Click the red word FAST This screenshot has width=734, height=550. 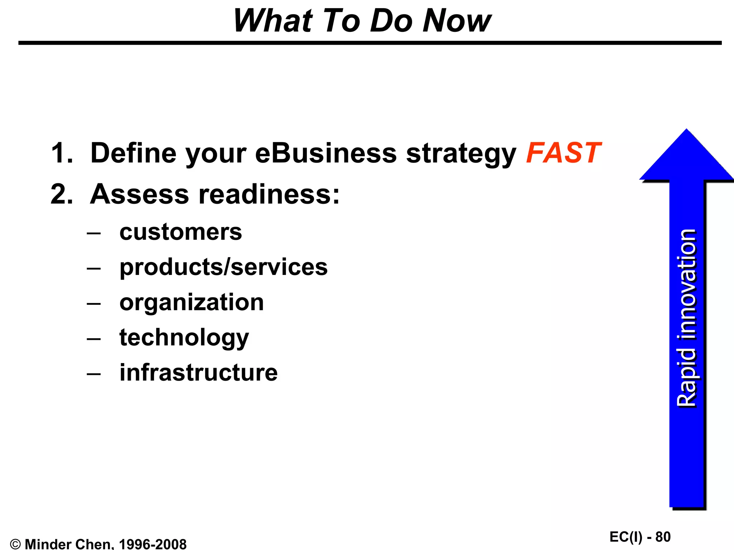click(x=563, y=153)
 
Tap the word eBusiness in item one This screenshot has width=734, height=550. click(x=325, y=153)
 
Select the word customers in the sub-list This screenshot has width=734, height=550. click(x=181, y=232)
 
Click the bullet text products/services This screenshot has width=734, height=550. click(x=223, y=267)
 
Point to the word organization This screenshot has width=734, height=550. click(x=191, y=302)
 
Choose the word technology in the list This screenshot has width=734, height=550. click(x=184, y=338)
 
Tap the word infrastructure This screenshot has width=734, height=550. click(x=198, y=372)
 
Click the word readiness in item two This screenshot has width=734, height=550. click(x=269, y=194)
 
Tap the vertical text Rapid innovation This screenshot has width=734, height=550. click(x=687, y=318)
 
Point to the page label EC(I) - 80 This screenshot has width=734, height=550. click(x=640, y=537)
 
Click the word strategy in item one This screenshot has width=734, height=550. click(x=461, y=153)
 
